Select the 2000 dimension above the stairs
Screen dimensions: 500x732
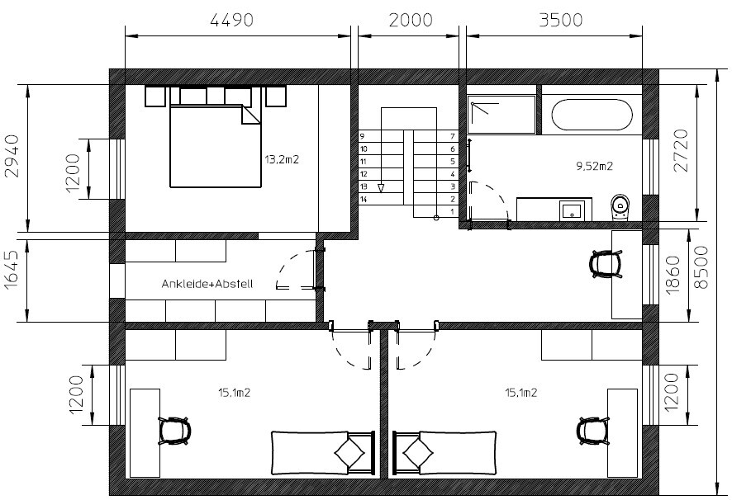coord(410,20)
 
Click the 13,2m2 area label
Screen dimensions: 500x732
coord(282,159)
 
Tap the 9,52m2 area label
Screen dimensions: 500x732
coord(594,166)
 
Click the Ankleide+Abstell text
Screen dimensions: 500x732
coord(207,284)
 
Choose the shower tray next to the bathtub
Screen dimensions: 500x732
coord(500,115)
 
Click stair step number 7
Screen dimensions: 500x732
coord(451,135)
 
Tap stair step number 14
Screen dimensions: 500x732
coord(364,200)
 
